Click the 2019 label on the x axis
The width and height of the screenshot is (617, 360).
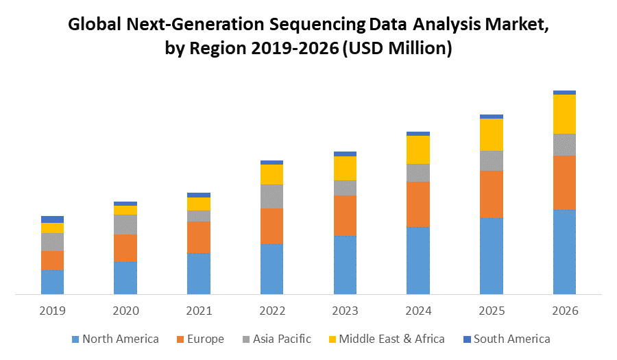point(52,311)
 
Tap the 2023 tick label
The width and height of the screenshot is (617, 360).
point(345,311)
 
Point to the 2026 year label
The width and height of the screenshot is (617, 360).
point(564,311)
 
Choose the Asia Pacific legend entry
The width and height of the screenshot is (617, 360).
point(276,339)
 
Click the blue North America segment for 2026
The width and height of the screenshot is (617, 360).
point(564,252)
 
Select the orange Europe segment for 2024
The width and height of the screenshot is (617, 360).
point(418,204)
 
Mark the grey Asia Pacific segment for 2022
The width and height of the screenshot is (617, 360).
point(271,196)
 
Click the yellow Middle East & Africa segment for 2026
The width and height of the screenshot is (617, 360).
point(564,114)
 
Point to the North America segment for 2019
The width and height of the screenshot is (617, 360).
point(52,282)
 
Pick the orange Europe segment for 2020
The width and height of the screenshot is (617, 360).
point(125,248)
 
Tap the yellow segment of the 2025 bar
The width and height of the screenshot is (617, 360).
point(492,134)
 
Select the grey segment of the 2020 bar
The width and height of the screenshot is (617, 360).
point(125,224)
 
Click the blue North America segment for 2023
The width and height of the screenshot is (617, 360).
point(345,265)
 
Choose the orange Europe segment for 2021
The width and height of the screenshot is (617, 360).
point(199,237)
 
